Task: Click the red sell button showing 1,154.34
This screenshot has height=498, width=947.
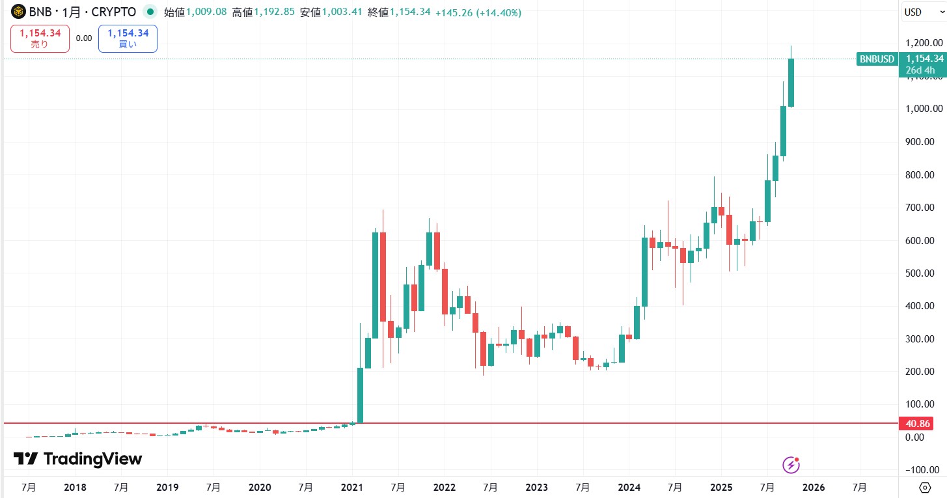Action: pyautogui.click(x=40, y=38)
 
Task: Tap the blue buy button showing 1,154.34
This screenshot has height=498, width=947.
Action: pyautogui.click(x=128, y=38)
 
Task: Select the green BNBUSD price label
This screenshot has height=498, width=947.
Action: pyautogui.click(x=877, y=59)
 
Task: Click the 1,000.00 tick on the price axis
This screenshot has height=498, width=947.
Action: pyautogui.click(x=924, y=109)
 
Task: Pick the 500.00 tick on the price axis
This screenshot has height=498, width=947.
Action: pyautogui.click(x=924, y=273)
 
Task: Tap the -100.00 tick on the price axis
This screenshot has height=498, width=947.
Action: pyautogui.click(x=924, y=470)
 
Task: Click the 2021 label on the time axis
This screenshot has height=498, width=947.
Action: pyautogui.click(x=351, y=487)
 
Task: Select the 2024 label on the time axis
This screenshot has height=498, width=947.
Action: pyautogui.click(x=629, y=487)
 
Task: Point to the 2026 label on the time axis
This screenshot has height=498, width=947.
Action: pyautogui.click(x=814, y=487)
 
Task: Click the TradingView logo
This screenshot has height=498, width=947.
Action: pyautogui.click(x=78, y=459)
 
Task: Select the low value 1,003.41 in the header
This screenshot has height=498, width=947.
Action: pyautogui.click(x=340, y=12)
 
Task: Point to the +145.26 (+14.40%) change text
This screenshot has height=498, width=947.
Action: pyautogui.click(x=478, y=12)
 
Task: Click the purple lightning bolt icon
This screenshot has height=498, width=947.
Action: pyautogui.click(x=791, y=465)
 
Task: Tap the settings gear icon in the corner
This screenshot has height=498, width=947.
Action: pyautogui.click(x=924, y=487)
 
